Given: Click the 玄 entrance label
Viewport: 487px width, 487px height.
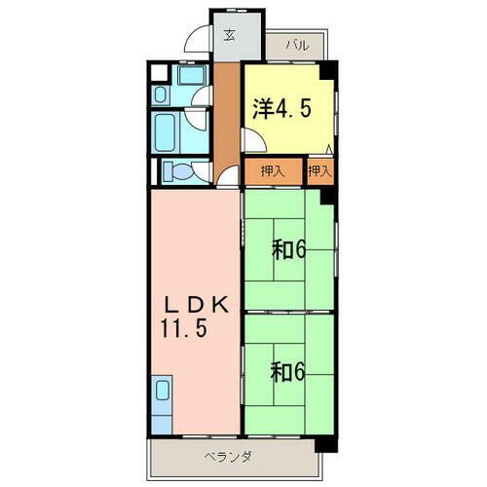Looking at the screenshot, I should tap(230, 36).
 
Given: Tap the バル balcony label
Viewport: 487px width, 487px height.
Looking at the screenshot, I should tap(297, 45).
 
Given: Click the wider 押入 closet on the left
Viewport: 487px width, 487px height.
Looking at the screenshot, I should tap(273, 171).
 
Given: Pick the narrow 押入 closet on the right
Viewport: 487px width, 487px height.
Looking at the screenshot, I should tap(319, 171).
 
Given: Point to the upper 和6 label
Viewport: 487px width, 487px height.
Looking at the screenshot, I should tap(288, 249).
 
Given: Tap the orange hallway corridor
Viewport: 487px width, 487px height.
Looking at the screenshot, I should tap(227, 117).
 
